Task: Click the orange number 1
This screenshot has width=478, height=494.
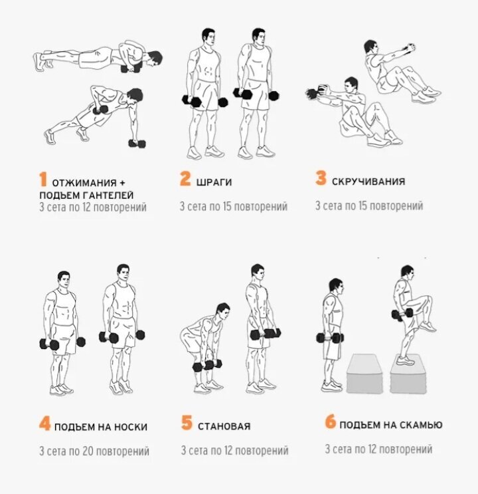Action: pyautogui.click(x=43, y=179)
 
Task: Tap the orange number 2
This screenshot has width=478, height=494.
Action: pyautogui.click(x=185, y=178)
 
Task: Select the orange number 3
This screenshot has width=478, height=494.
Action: pyautogui.click(x=321, y=178)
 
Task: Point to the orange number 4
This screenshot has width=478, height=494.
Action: pyautogui.click(x=44, y=423)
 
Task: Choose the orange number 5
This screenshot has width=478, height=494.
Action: pyautogui.click(x=187, y=422)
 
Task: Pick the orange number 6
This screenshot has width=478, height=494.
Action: pyautogui.click(x=331, y=422)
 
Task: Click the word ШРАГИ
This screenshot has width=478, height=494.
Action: pyautogui.click(x=214, y=182)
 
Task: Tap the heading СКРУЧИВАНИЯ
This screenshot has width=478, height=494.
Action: pyautogui.click(x=368, y=182)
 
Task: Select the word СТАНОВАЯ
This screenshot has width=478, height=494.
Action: pyautogui.click(x=224, y=426)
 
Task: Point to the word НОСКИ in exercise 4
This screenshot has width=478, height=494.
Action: pyautogui.click(x=131, y=427)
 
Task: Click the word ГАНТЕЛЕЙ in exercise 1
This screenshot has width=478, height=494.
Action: pyautogui.click(x=108, y=195)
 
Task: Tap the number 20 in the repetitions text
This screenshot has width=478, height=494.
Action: pyautogui.click(x=88, y=451)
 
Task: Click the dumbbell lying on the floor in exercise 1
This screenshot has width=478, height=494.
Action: pyautogui.click(x=137, y=144)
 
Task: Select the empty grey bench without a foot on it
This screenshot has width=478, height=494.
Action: pyautogui.click(x=365, y=374)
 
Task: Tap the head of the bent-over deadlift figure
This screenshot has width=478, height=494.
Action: pyautogui.click(x=223, y=311)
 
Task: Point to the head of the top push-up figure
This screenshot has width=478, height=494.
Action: pyautogui.click(x=154, y=59)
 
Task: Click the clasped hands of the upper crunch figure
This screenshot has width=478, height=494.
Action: pyautogui.click(x=410, y=48)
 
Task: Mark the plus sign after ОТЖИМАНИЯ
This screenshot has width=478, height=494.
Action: pyautogui.click(x=122, y=183)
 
